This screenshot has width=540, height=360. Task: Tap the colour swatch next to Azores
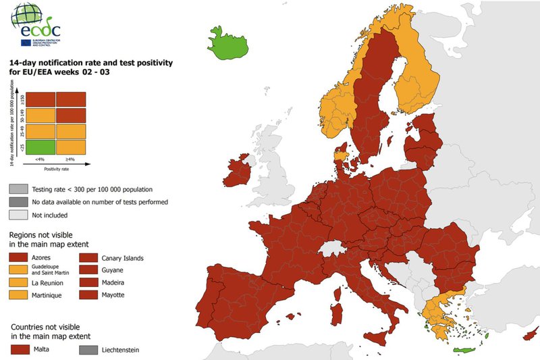[19, 258]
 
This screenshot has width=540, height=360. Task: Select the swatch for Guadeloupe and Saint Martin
[19, 270]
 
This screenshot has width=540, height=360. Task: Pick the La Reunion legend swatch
[19, 283]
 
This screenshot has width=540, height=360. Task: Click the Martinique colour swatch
[19, 295]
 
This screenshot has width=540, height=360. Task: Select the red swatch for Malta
[19, 349]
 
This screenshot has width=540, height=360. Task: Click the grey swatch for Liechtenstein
[88, 349]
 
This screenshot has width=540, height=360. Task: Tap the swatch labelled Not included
[19, 215]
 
